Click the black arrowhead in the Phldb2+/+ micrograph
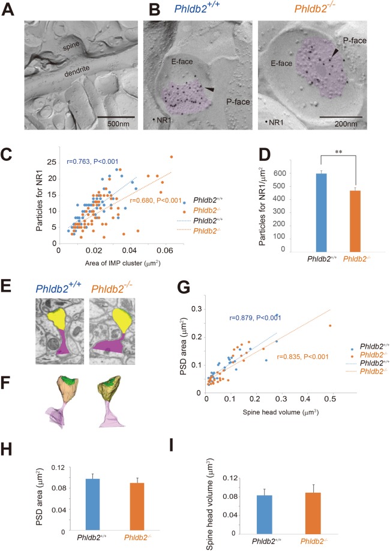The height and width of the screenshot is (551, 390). [208, 89]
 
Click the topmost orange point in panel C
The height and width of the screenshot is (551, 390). [172, 157]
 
